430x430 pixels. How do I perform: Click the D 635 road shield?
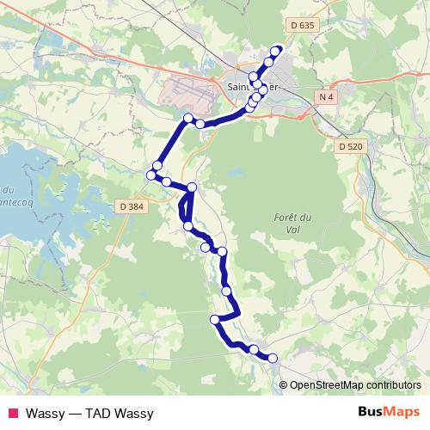tap(304, 26)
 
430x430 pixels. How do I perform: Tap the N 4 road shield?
tap(324, 98)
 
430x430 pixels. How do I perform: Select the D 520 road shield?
tap(348, 147)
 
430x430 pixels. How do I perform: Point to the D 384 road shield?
tap(132, 206)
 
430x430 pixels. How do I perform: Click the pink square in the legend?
tap(13, 412)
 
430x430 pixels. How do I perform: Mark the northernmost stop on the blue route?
tap(277, 50)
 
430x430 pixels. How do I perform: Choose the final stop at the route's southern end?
tap(273, 358)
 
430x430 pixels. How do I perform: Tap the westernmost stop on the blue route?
tap(151, 175)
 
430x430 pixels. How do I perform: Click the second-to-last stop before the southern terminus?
tap(254, 349)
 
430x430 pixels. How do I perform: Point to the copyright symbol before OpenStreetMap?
tap(284, 384)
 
